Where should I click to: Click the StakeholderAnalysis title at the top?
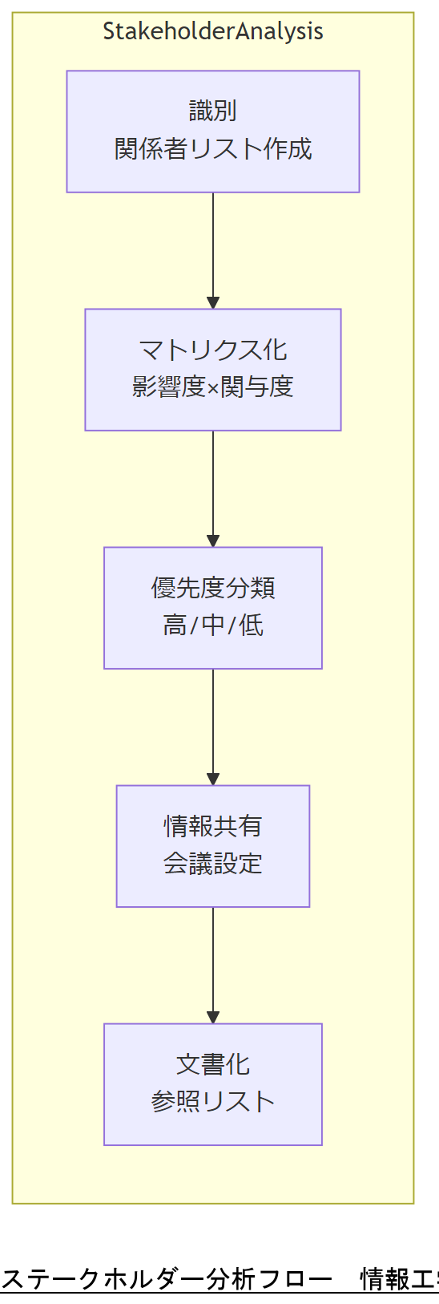[213, 31]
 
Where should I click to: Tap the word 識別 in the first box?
[213, 111]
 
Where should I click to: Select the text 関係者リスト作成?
[213, 149]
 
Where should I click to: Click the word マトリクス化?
[213, 350]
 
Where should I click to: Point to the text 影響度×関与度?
[213, 387]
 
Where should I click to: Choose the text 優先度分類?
[213, 588]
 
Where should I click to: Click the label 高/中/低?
[213, 626]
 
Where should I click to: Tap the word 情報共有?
[213, 826]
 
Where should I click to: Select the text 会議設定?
[213, 864]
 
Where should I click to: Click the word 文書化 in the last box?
[213, 1064]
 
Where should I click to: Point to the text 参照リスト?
[213, 1102]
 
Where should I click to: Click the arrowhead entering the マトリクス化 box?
[213, 303]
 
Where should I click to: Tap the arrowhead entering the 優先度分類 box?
[213, 541]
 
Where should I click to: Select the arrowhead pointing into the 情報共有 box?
[213, 780]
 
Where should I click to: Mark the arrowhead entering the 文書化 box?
[213, 1018]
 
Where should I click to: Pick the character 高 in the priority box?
[175, 626]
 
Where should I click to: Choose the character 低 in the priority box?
[252, 626]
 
